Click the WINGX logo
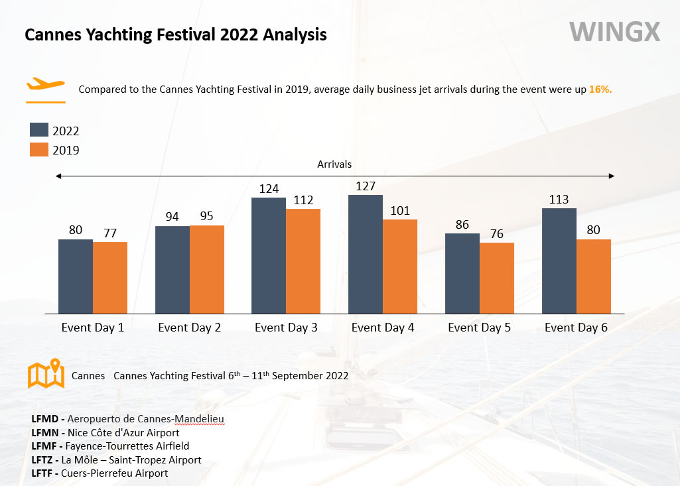tap(614, 32)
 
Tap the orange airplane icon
tap(46, 84)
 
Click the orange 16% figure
tap(600, 90)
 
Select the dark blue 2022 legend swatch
tap(39, 130)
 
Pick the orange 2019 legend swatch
tap(39, 150)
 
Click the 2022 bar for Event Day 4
tap(365, 254)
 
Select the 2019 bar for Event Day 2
tap(207, 269)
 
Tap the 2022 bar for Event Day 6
tap(559, 261)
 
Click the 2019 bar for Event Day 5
tap(496, 278)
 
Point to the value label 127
tap(365, 186)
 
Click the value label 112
tap(303, 200)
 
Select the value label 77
tap(110, 233)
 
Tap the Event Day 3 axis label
tap(286, 328)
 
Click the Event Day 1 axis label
tap(93, 328)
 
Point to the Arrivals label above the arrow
tap(334, 164)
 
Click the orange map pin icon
tap(46, 373)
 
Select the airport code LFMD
tap(44, 419)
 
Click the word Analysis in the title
tap(295, 34)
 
